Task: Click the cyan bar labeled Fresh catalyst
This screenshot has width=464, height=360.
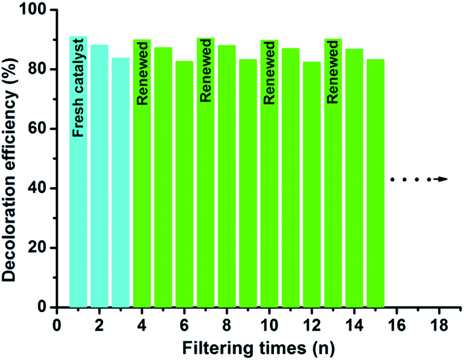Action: tap(78, 226)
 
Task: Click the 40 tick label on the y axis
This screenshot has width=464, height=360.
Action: tap(40, 188)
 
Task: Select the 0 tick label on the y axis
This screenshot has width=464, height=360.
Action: tap(44, 307)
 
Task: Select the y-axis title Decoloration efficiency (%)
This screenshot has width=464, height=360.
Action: tap(12, 158)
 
